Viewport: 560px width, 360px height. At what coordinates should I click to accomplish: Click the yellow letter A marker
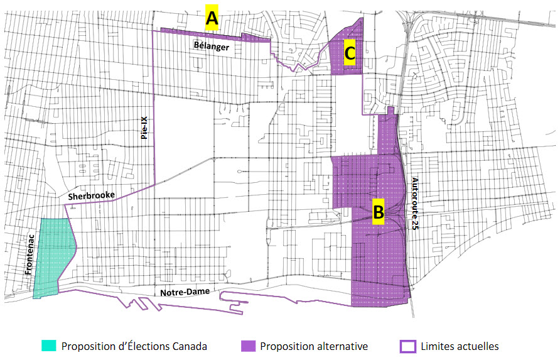(x=212, y=18)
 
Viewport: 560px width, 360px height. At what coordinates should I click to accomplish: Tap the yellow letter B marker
(x=378, y=211)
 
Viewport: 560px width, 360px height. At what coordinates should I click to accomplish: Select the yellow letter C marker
(x=350, y=53)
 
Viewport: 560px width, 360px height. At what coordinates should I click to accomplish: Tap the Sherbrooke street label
(x=92, y=195)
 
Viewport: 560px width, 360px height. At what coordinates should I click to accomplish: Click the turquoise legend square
(x=48, y=346)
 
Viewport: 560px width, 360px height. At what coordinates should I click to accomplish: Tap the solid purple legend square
(x=248, y=346)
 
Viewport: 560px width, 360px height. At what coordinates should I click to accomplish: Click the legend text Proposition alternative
(x=314, y=346)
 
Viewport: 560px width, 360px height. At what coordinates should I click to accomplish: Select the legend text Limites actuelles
(x=461, y=346)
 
